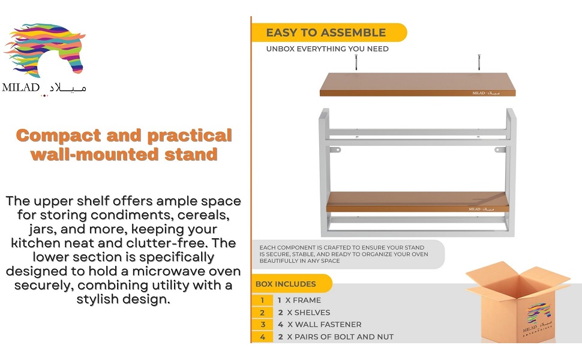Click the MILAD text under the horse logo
click(21, 88)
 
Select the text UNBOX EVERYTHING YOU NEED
click(327, 49)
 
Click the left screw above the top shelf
click(356, 62)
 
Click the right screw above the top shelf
click(479, 62)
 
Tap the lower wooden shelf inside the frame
click(416, 202)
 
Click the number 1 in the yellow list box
click(262, 300)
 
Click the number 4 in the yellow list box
click(262, 337)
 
